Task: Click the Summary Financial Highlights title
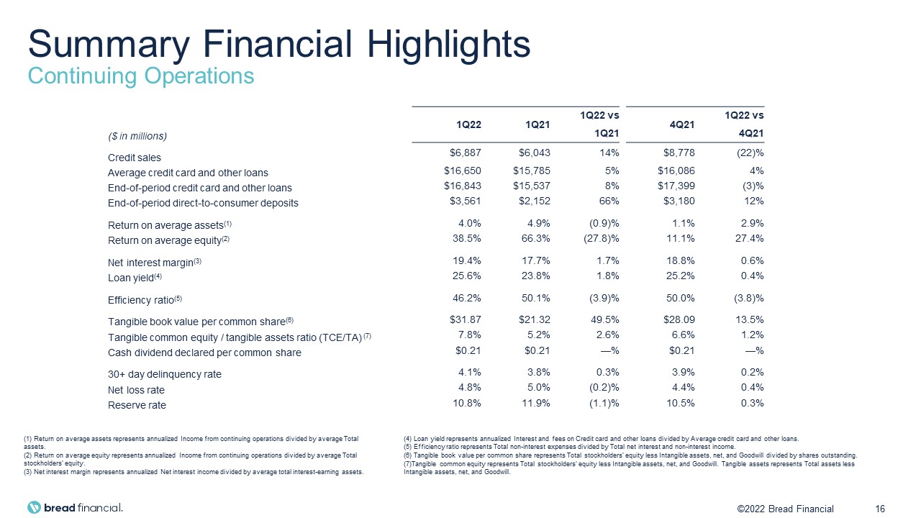click(279, 45)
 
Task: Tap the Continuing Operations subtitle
click(140, 76)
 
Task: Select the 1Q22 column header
click(468, 124)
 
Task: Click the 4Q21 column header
click(682, 124)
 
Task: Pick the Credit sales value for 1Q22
click(465, 153)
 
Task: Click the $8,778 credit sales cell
click(679, 153)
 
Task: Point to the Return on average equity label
click(168, 240)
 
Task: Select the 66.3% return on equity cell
click(535, 238)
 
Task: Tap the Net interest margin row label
click(154, 263)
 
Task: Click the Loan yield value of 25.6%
click(467, 276)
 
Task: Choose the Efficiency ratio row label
click(145, 300)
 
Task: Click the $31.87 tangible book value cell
click(465, 319)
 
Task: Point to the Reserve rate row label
click(137, 405)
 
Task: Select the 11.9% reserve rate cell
click(535, 403)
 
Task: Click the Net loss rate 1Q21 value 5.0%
click(539, 387)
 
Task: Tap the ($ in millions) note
click(137, 136)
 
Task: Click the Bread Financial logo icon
click(34, 507)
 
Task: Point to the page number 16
click(879, 509)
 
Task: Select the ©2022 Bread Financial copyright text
click(785, 509)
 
